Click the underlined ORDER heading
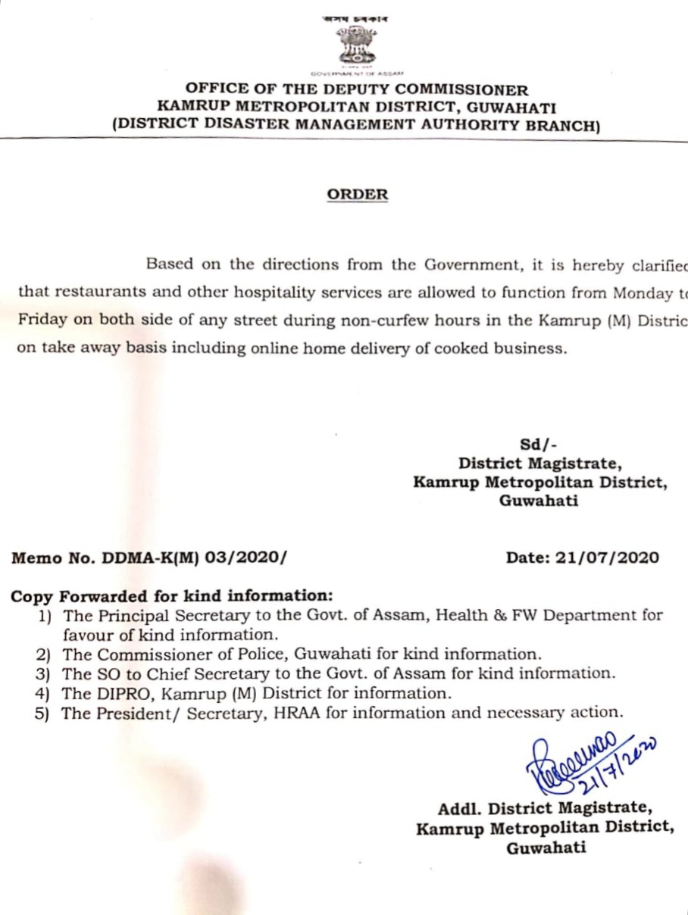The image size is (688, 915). [358, 195]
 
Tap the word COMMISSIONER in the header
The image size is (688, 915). [459, 90]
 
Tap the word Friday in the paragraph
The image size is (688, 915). [42, 320]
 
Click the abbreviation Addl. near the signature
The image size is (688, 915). [461, 808]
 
